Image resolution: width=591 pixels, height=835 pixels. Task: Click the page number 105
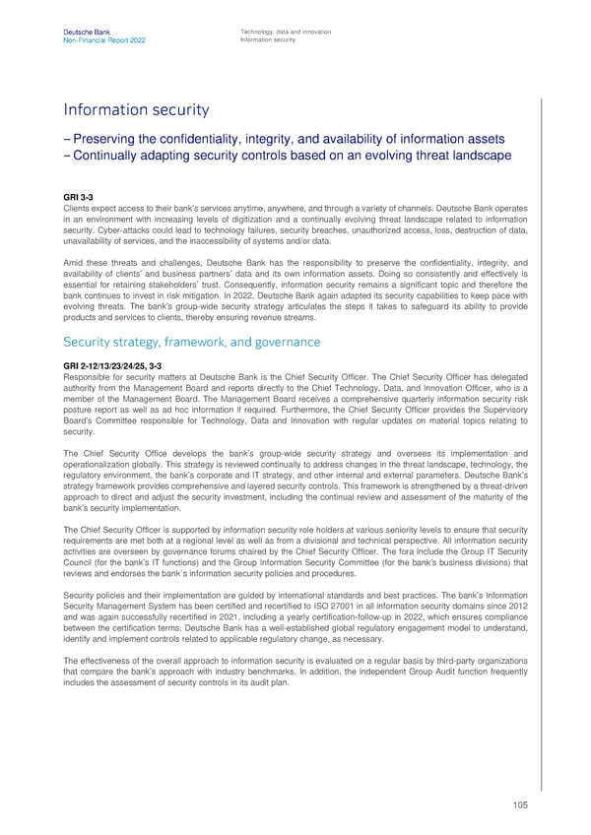coord(519,804)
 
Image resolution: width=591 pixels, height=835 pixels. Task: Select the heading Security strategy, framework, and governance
coord(191,342)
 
